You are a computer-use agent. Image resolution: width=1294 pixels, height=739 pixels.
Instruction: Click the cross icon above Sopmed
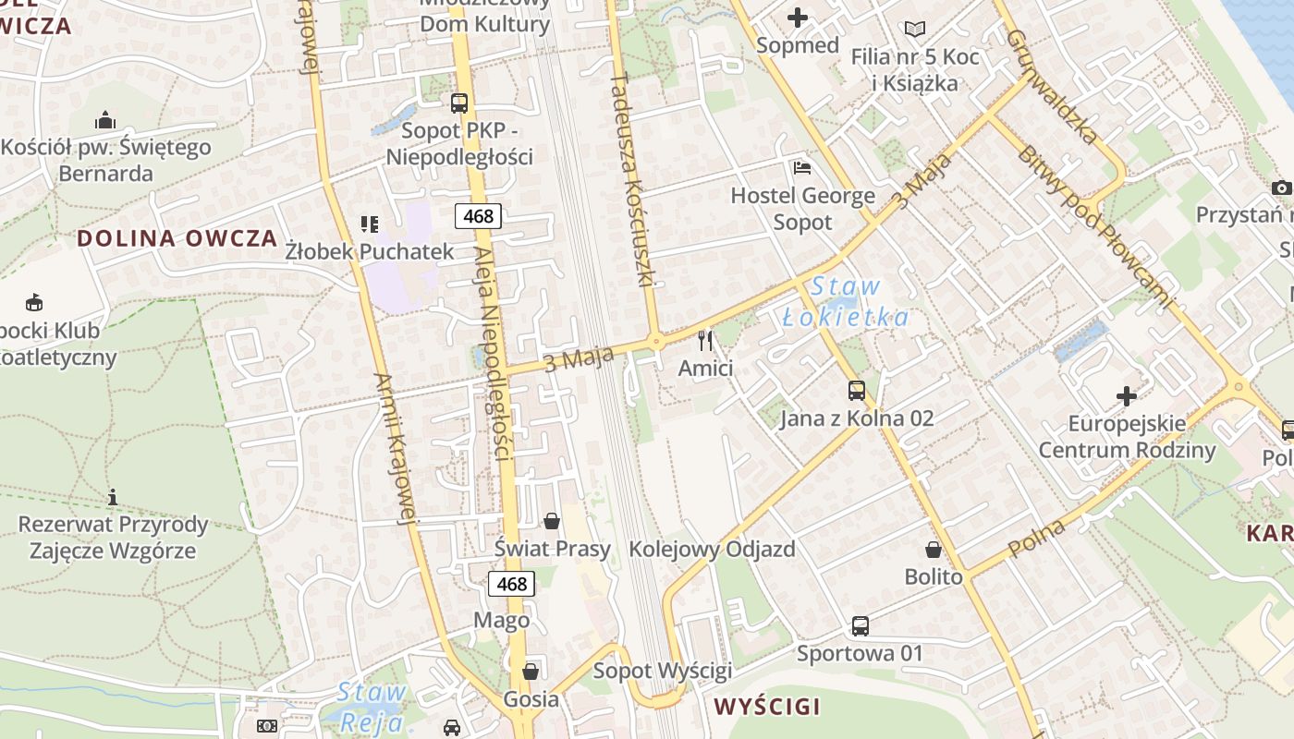click(x=797, y=17)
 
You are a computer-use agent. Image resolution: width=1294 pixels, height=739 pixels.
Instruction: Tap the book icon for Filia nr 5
click(x=914, y=30)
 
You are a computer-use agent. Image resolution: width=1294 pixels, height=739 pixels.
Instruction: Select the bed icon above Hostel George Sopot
click(x=802, y=168)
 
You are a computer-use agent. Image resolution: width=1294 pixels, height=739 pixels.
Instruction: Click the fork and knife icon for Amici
click(x=705, y=341)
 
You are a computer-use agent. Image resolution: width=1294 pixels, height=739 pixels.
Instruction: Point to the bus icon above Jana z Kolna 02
click(x=857, y=391)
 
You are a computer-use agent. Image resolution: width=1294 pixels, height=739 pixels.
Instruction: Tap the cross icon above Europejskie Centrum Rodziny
click(x=1126, y=396)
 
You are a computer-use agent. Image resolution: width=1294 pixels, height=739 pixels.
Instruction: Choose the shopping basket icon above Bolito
click(x=934, y=550)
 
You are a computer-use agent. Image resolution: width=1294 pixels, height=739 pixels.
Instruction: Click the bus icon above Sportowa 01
click(x=861, y=626)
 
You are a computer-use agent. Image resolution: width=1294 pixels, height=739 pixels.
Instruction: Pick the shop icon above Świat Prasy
click(x=552, y=522)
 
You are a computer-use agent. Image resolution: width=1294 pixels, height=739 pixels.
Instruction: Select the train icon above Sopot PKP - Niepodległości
click(x=459, y=103)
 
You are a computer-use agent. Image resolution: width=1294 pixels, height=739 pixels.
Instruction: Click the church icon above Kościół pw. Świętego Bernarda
click(x=105, y=120)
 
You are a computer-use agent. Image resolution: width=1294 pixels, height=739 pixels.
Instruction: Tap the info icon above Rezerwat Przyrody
click(x=113, y=497)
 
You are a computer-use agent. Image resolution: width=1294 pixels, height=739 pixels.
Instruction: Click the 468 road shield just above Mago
click(x=511, y=584)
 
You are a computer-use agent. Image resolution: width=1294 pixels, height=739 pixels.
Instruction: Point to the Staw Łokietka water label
click(x=845, y=302)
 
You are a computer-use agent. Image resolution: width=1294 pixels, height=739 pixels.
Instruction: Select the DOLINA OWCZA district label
click(x=177, y=238)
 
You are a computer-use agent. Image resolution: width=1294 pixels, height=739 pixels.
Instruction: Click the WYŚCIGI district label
click(x=767, y=708)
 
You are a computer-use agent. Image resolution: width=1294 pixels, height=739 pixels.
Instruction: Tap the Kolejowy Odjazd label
click(x=712, y=550)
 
